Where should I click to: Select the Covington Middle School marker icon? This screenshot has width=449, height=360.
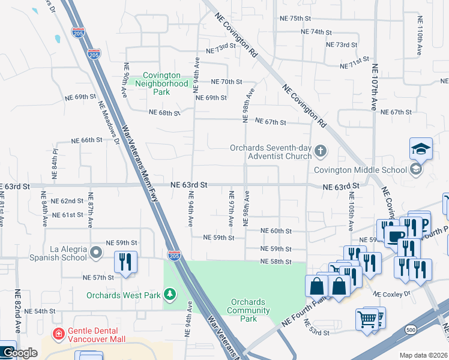(x=415, y=170)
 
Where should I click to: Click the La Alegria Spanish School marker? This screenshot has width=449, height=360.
(x=96, y=253)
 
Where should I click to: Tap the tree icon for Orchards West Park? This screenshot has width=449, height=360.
(x=171, y=294)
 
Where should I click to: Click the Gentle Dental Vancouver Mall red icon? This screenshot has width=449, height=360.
(x=59, y=333)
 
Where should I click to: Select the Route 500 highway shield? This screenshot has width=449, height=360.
(x=411, y=330)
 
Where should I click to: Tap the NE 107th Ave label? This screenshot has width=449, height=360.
(x=374, y=88)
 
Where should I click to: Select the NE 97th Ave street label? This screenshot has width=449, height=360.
(x=231, y=209)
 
